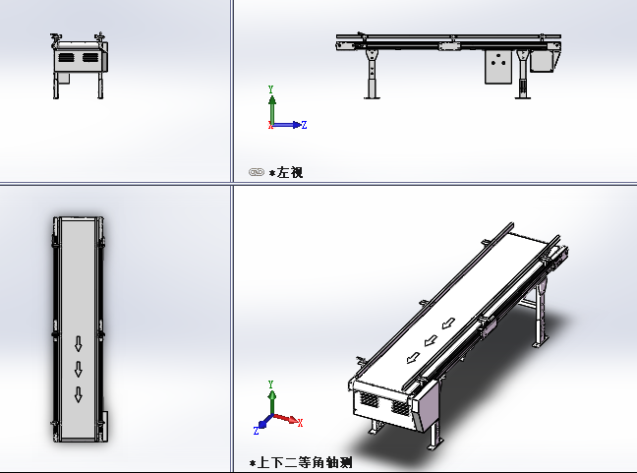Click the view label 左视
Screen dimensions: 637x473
(290, 173)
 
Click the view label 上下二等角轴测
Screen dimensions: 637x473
(305, 462)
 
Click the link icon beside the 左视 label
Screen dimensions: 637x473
(257, 172)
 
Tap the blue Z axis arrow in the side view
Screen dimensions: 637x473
(288, 125)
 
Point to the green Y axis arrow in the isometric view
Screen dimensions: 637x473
(271, 402)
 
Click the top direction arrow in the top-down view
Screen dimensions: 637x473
(79, 343)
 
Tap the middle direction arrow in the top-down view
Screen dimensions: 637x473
(79, 369)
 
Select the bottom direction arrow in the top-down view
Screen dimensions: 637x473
(79, 394)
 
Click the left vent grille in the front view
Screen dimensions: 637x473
(66, 57)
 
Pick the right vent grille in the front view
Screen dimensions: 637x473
(89, 57)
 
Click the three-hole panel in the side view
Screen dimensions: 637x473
(498, 67)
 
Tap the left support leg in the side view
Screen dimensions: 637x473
(372, 73)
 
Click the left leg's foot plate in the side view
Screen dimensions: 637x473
(372, 97)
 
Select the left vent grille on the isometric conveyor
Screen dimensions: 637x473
(370, 399)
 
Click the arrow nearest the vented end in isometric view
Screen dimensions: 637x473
(413, 358)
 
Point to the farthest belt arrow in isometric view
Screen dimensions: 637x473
(448, 324)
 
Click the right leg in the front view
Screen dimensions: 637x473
(100, 86)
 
